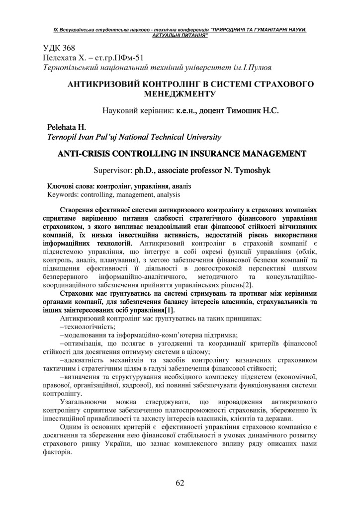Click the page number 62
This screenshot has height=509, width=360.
click(x=180, y=482)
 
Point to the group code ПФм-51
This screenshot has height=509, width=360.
click(x=129, y=58)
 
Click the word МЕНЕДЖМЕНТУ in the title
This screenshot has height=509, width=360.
click(x=180, y=93)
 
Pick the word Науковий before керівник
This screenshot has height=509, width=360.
click(x=119, y=109)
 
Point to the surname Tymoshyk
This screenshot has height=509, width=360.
click(x=252, y=170)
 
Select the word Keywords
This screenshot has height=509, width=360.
click(x=63, y=194)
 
